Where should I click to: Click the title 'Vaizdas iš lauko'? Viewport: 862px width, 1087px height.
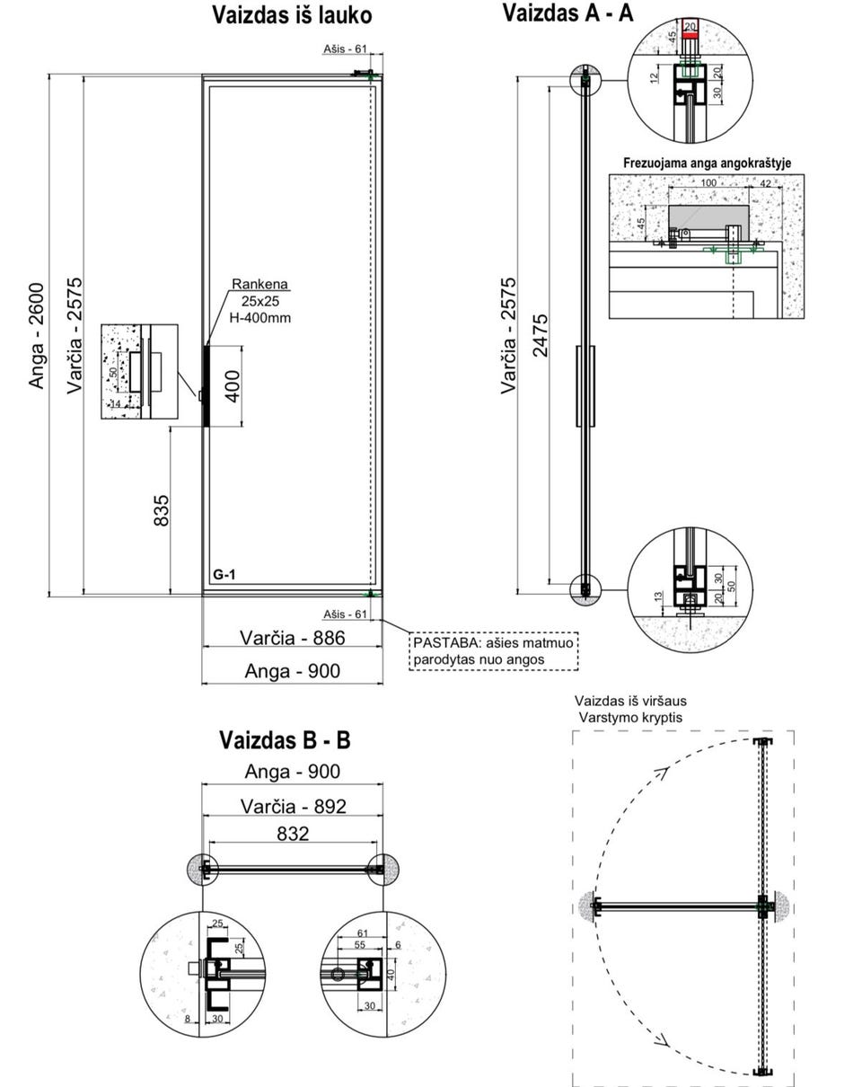(292, 15)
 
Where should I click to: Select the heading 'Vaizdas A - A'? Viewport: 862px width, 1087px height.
(567, 13)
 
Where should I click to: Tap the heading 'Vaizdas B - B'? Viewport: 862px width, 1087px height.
(285, 740)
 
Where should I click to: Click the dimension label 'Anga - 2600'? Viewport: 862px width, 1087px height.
(37, 335)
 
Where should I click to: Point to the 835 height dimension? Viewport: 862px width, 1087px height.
(162, 510)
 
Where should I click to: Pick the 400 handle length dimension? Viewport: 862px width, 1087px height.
(233, 385)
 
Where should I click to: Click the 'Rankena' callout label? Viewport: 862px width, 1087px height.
(260, 285)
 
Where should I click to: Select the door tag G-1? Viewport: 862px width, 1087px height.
(224, 574)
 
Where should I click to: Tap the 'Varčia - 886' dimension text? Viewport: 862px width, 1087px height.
(292, 638)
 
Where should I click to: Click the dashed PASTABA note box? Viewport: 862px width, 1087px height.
(493, 651)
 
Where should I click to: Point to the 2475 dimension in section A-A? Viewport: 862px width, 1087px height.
(541, 335)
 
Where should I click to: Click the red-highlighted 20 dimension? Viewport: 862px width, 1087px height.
(690, 27)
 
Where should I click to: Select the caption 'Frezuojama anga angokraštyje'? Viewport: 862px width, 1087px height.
(707, 163)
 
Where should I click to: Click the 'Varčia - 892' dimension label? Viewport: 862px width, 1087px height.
(292, 807)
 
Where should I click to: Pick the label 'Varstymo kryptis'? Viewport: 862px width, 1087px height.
(630, 718)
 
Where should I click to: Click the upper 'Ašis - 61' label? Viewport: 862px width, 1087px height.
(346, 49)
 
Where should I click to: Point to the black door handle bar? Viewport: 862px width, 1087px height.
(206, 385)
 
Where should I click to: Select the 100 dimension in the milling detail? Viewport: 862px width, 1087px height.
(708, 183)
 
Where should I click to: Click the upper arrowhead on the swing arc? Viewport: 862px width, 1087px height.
(663, 773)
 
